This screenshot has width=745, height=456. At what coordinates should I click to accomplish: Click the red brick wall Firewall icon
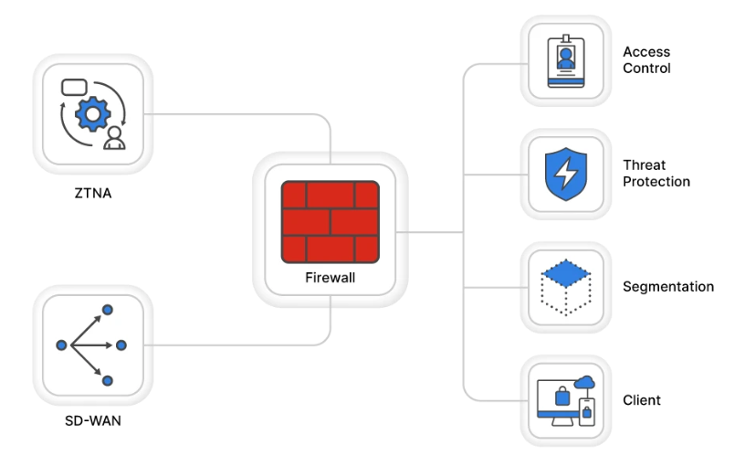pos(330,220)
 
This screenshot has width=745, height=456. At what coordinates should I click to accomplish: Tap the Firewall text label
pos(330,277)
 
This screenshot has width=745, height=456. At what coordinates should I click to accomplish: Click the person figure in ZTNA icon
pos(115,140)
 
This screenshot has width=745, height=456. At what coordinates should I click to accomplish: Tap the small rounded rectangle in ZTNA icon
pos(73,88)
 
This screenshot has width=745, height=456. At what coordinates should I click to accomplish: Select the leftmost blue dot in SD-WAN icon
pos(62,345)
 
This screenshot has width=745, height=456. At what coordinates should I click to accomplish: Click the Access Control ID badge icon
pos(566,60)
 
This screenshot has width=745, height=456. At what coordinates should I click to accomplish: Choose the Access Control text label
pos(646,60)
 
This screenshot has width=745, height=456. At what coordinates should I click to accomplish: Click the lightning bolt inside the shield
pos(566,173)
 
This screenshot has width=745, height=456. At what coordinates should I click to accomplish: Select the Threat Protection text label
pos(656,174)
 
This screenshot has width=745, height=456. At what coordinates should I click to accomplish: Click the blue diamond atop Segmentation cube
pos(566,272)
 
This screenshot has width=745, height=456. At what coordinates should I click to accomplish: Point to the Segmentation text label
pos(667,287)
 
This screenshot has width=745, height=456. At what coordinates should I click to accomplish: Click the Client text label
pos(641,400)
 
